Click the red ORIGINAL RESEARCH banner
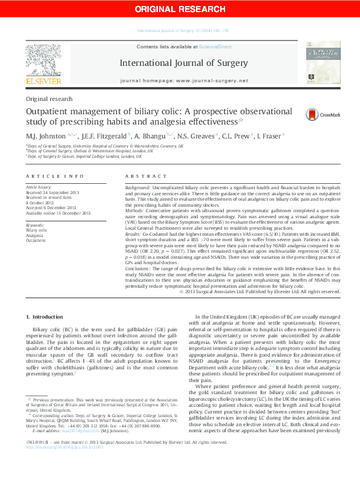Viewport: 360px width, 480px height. [180, 8]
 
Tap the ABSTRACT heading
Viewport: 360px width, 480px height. [145, 176]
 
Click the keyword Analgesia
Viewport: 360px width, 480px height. [35, 235]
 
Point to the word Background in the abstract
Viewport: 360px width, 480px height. [138, 189]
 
